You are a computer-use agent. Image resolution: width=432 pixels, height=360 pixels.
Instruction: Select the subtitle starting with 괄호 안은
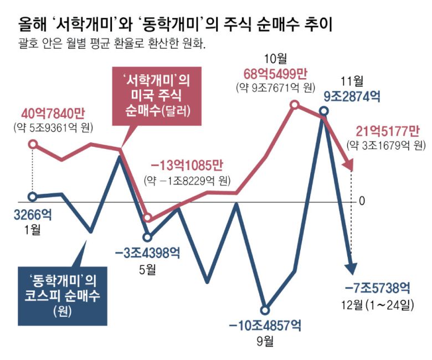click(x=111, y=44)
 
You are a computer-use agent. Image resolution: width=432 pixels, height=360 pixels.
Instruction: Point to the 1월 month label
click(x=32, y=229)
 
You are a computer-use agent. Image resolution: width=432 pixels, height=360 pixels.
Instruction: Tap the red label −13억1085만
click(x=187, y=166)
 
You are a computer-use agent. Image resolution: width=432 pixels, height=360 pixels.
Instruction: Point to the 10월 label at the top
click(x=275, y=58)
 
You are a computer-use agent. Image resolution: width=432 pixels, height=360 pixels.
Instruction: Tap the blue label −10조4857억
click(x=265, y=326)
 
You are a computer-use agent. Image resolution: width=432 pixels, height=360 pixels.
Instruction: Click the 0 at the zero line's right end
click(x=362, y=200)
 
